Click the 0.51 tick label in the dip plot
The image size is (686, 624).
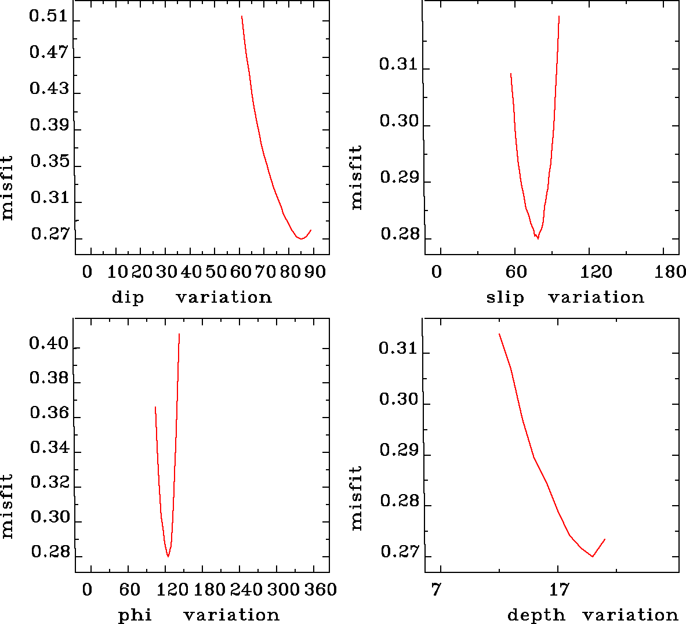pyautogui.click(x=49, y=16)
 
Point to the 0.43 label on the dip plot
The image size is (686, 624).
pyautogui.click(x=49, y=89)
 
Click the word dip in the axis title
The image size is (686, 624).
pyautogui.click(x=128, y=298)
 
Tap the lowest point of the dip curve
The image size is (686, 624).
pyautogui.click(x=301, y=238)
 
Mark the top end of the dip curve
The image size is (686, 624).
pyautogui.click(x=241, y=16)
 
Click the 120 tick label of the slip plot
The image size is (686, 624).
pyautogui.click(x=597, y=272)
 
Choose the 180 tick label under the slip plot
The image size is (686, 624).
pyautogui.click(x=671, y=272)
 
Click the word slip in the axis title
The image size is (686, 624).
pyautogui.click(x=504, y=298)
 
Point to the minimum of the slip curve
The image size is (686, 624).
pyautogui.click(x=538, y=238)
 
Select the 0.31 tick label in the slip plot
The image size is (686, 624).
pyautogui.click(x=398, y=64)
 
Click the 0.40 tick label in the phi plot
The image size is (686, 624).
pyautogui.click(x=49, y=344)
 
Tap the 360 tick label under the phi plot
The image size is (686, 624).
pyautogui.click(x=321, y=590)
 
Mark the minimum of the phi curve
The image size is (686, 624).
pyautogui.click(x=168, y=557)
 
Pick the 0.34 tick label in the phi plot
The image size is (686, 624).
pyautogui.click(x=49, y=448)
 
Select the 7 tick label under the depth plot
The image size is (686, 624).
pyautogui.click(x=436, y=590)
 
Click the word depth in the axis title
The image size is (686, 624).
pyautogui.click(x=536, y=615)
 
